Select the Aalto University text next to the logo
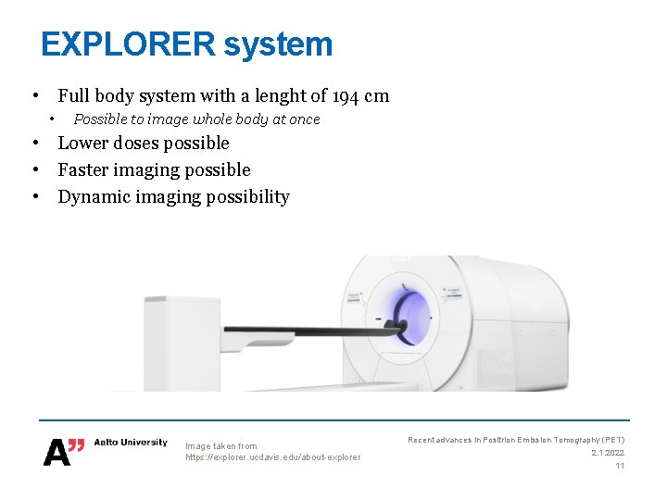point(131,443)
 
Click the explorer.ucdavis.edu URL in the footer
point(272,457)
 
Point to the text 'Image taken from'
point(221,445)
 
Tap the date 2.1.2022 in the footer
point(607,453)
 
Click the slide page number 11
point(620,466)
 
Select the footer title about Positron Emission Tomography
point(516,440)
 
